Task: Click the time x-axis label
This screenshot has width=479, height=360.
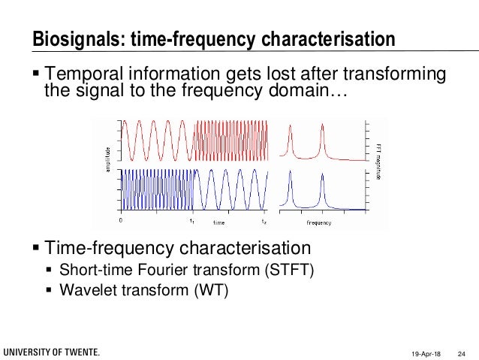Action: click(218, 223)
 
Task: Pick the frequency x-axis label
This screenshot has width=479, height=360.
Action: click(321, 223)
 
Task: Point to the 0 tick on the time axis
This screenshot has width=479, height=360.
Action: click(122, 221)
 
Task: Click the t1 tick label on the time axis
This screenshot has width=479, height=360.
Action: click(192, 221)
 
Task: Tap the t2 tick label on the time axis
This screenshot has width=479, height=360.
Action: click(264, 221)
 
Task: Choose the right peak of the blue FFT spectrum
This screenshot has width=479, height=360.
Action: click(323, 178)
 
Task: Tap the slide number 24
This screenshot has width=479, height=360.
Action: click(462, 352)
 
